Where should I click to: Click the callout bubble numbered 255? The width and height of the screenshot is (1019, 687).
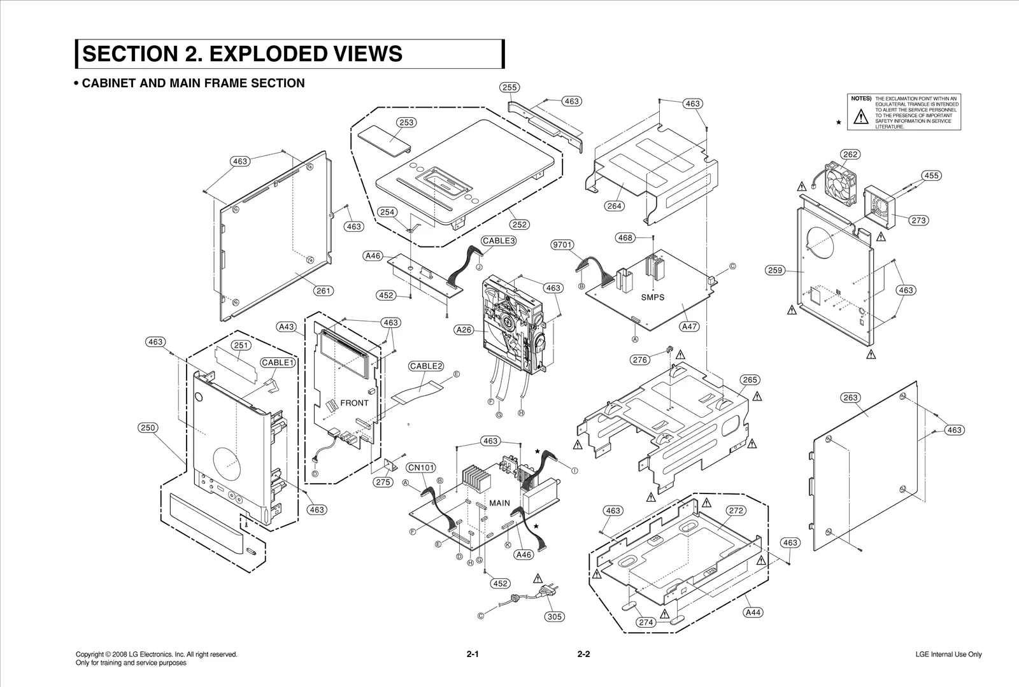(509, 87)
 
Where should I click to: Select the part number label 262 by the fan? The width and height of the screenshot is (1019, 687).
(850, 154)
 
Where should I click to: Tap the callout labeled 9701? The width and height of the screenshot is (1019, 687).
(562, 244)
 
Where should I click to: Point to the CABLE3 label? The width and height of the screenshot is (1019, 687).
(498, 241)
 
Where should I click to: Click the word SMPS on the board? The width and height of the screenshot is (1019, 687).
(652, 297)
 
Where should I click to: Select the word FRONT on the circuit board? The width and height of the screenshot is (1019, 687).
(354, 402)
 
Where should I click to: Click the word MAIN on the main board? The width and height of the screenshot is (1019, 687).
(499, 503)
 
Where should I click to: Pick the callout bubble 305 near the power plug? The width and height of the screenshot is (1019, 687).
(555, 616)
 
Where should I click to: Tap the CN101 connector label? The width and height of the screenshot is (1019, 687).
(421, 468)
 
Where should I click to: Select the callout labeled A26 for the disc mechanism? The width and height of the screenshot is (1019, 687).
(464, 330)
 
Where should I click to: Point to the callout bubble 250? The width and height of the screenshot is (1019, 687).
(148, 428)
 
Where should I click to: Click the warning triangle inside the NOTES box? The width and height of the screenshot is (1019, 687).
(860, 117)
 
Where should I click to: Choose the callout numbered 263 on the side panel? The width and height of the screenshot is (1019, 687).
(850, 397)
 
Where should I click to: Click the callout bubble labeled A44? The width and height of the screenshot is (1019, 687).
(753, 613)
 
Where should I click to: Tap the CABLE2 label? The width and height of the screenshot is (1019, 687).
(425, 366)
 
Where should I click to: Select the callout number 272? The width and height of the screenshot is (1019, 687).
(736, 511)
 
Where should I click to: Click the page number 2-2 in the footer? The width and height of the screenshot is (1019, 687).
(583, 654)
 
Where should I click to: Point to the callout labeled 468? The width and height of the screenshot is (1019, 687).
(625, 237)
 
